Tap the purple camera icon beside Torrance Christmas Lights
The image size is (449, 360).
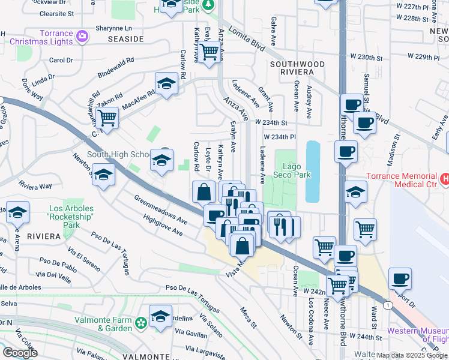point(82,37)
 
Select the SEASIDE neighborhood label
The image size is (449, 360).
point(125,39)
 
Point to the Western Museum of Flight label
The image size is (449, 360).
point(418,335)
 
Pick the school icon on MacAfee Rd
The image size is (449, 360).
point(166,83)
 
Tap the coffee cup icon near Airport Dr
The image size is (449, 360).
point(400,278)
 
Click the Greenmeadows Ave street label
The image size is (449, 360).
point(161,209)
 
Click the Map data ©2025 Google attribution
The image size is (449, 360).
point(412,355)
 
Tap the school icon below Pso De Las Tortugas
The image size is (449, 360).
point(160,316)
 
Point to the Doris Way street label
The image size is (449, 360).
point(32,89)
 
